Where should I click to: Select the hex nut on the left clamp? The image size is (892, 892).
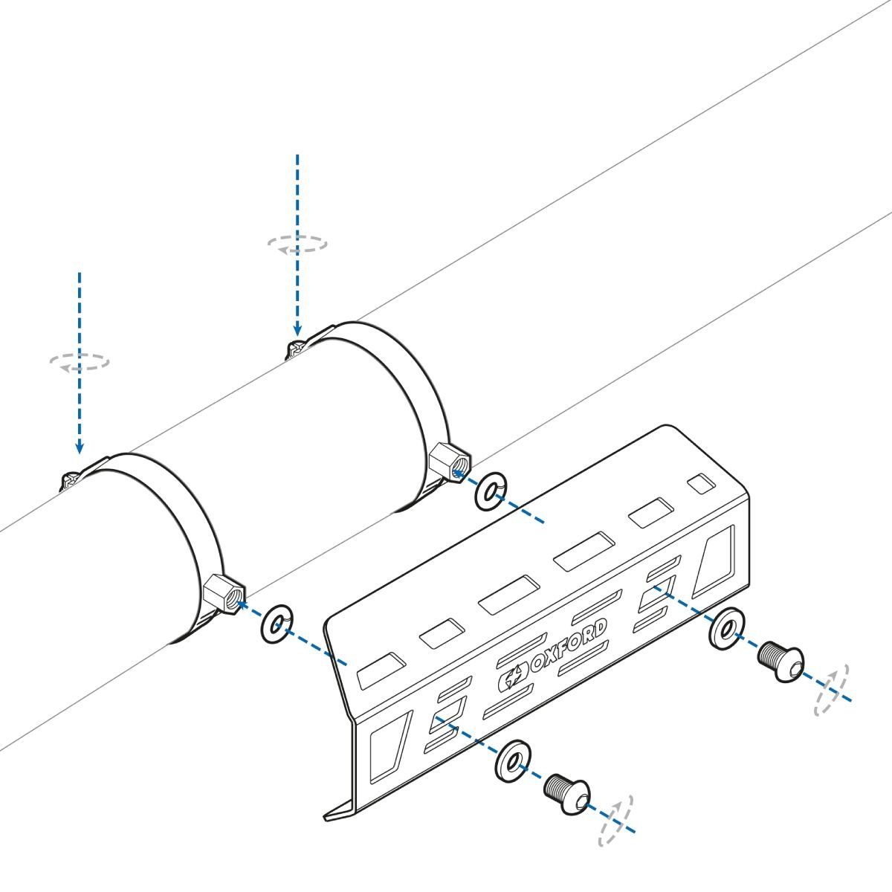pos(224,595)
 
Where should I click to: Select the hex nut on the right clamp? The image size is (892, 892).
pos(450,462)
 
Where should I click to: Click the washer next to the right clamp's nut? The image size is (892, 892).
pos(491,491)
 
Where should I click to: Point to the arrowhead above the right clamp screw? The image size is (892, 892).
pos(297,329)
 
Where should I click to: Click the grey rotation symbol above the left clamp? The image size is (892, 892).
pos(80,362)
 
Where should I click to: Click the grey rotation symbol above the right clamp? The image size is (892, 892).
pos(297,244)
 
